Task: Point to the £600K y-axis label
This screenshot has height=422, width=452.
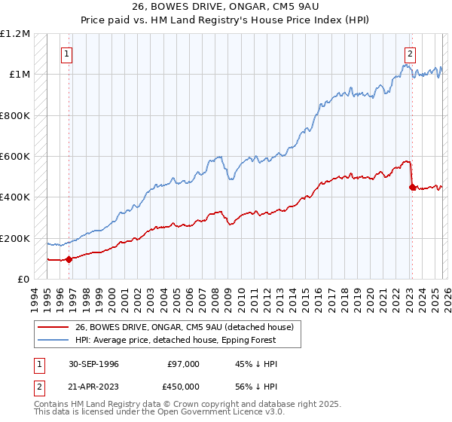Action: point(14,157)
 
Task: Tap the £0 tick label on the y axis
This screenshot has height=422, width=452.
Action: point(22,280)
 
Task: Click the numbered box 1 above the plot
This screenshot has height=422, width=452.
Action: point(68,54)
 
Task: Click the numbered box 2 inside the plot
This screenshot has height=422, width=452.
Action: point(411,54)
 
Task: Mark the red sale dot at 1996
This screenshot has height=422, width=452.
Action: point(69,259)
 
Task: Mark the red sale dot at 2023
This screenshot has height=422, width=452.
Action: point(411,187)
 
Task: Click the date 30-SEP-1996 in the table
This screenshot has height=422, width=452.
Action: point(93,364)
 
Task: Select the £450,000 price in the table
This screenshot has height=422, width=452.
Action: point(182,387)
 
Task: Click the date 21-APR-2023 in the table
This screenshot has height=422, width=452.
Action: point(93,387)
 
